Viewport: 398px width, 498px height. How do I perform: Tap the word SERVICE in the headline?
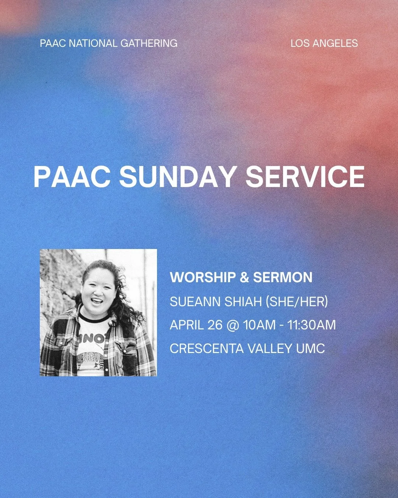[305, 177]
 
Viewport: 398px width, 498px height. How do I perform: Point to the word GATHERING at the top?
[149, 44]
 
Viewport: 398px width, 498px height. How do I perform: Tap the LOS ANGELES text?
[324, 44]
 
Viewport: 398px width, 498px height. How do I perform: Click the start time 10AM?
[259, 325]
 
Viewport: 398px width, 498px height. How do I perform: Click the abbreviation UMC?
[310, 348]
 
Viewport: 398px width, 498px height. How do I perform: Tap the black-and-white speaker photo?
[98, 312]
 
